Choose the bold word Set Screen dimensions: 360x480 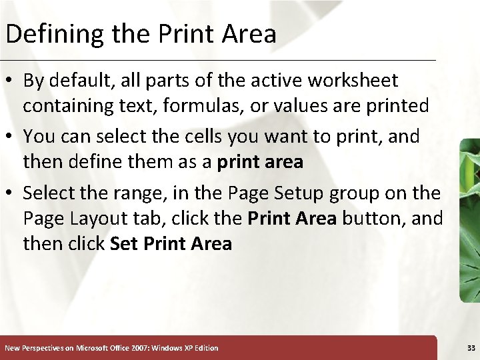click(x=125, y=244)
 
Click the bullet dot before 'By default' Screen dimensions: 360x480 click(x=11, y=81)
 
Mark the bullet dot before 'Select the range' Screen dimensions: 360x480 click(x=11, y=194)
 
